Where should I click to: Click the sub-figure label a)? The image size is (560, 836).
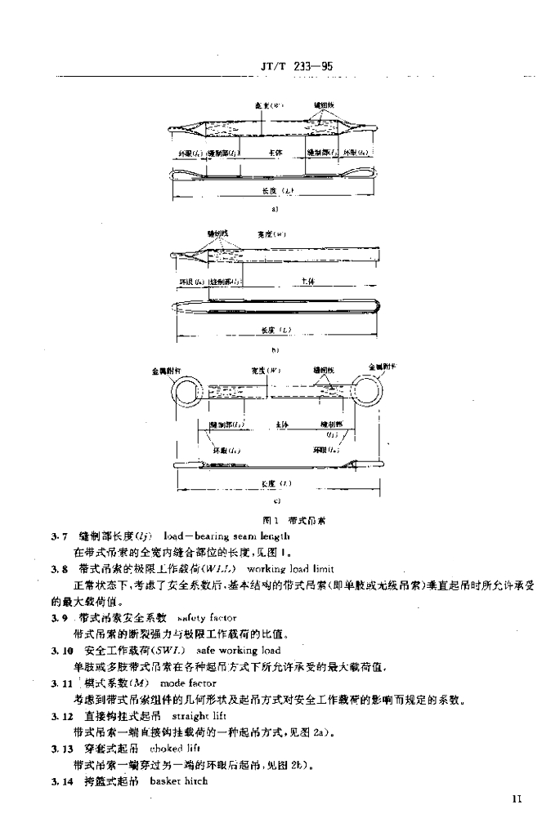[x=276, y=209]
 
